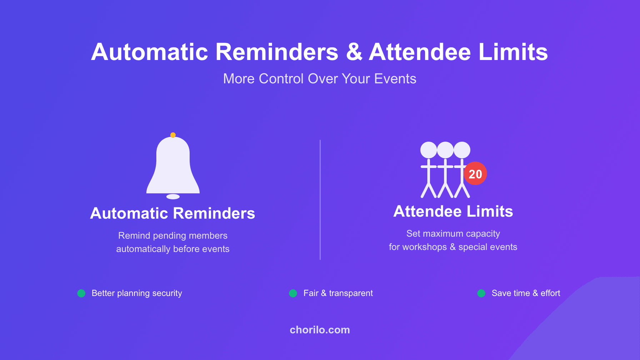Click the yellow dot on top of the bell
[173, 135]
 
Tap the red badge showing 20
[475, 174]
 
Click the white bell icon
[173, 165]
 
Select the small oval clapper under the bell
[173, 196]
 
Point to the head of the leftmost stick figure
[429, 150]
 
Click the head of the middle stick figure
[445, 150]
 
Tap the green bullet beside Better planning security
[81, 293]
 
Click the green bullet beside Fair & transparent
[293, 293]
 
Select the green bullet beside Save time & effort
[481, 293]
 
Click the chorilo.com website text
[320, 330]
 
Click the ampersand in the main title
[354, 52]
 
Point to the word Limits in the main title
[513, 52]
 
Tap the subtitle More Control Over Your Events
[320, 79]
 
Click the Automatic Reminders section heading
[172, 213]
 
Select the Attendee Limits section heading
[453, 211]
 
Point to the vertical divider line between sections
[320, 200]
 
